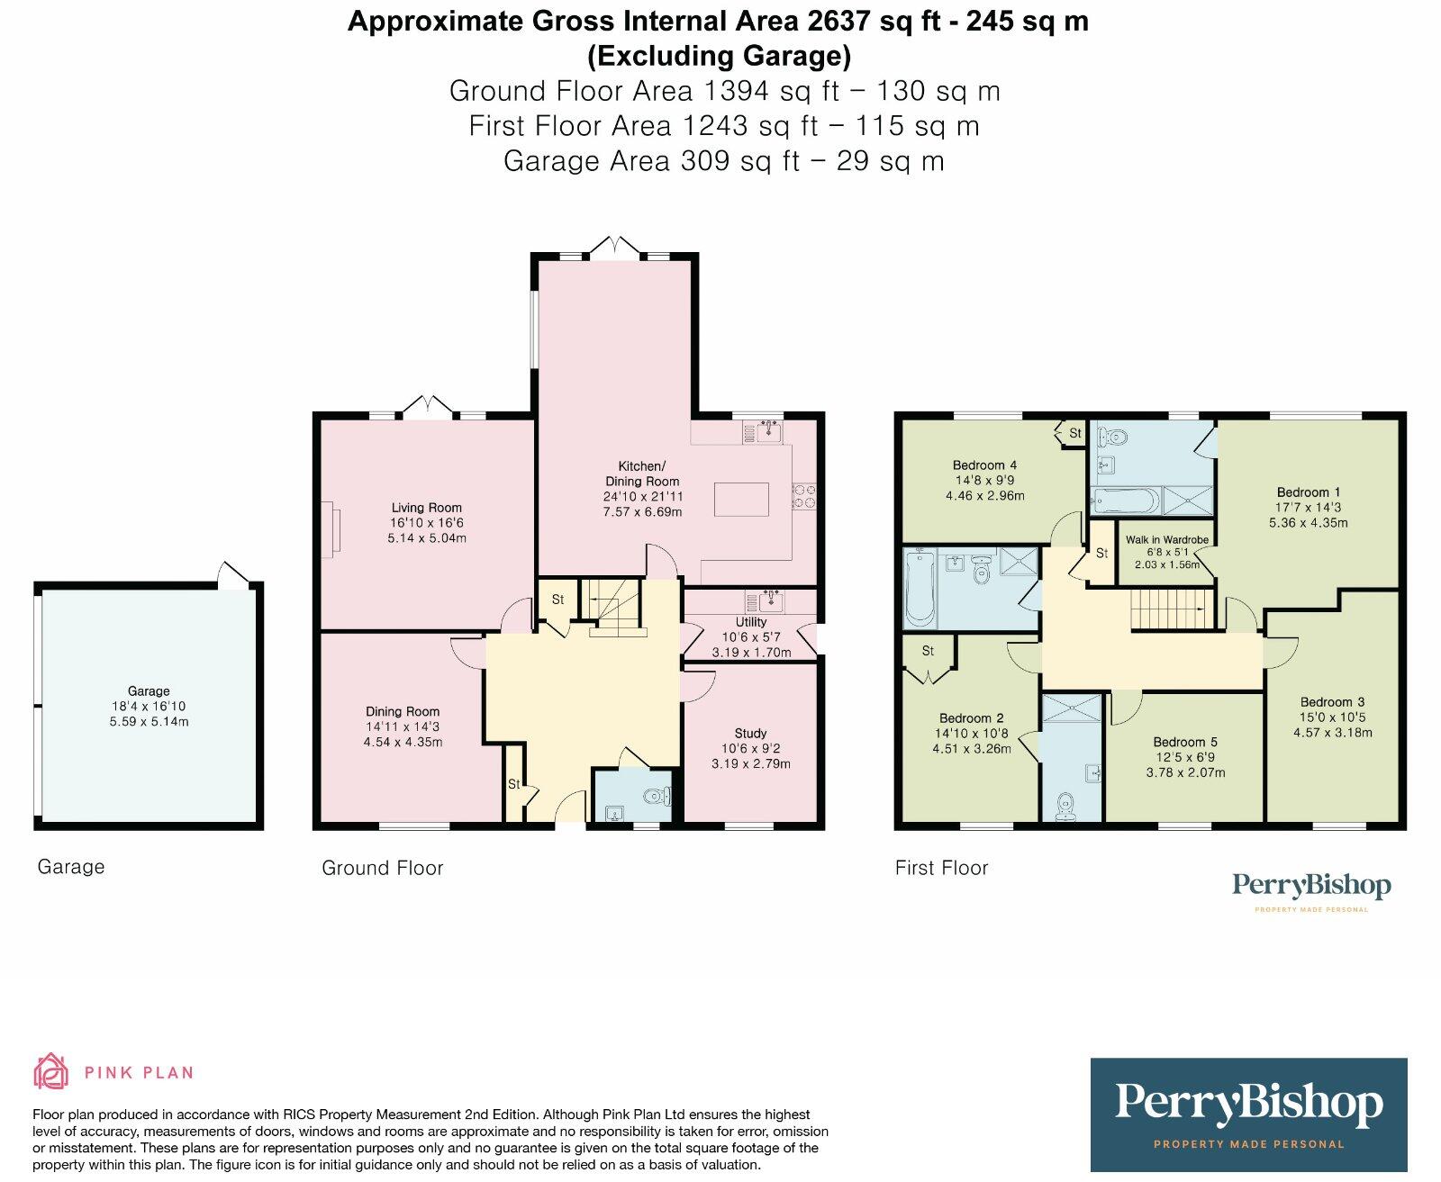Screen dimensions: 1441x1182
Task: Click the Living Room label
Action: pos(426,508)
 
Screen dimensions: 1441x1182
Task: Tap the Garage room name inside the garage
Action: pos(149,691)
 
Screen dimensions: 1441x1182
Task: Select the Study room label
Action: pos(750,734)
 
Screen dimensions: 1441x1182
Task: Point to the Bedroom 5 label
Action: pos(1185,742)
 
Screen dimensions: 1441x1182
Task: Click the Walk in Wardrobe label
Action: pos(1167,539)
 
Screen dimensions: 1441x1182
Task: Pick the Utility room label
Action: pos(751,622)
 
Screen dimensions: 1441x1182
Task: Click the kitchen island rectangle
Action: pos(741,499)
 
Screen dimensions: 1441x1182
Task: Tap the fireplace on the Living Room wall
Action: pos(329,529)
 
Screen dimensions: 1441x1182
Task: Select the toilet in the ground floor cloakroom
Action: pos(658,796)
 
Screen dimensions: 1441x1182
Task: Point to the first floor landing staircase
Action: pos(1171,609)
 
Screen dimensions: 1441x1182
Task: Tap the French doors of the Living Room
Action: pos(428,406)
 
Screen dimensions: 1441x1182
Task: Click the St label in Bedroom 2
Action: pos(927,651)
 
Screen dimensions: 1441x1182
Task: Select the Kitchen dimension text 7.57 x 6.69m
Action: pos(642,511)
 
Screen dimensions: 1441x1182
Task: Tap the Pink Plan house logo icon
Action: pos(51,1071)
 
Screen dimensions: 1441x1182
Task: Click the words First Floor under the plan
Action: pos(941,868)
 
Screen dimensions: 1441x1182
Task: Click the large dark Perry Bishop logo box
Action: pos(1248,1114)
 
